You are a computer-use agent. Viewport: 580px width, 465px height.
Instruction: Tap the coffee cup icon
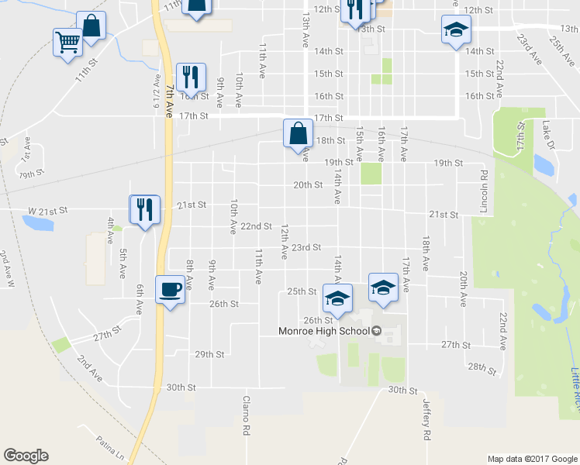171,290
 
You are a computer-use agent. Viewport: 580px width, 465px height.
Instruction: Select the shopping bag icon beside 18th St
298,133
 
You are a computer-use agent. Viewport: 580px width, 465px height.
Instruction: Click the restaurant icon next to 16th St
191,77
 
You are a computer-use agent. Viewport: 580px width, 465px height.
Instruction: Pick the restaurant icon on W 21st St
144,208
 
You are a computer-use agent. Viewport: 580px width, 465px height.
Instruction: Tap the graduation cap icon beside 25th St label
337,297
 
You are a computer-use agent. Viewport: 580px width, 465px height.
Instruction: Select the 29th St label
209,354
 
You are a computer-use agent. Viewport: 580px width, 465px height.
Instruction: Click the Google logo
26,456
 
